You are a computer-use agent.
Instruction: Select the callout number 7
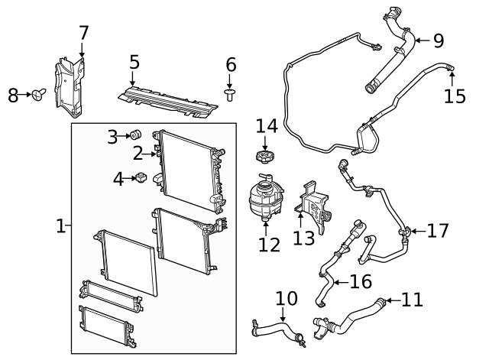click(x=83, y=33)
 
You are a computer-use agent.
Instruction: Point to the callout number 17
click(x=438, y=230)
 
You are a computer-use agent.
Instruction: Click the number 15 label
click(x=455, y=96)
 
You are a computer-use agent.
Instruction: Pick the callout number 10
click(x=286, y=297)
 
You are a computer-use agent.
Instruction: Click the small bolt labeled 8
click(x=36, y=95)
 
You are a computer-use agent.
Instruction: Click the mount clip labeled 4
click(x=141, y=179)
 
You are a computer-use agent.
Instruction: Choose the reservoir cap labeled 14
click(x=264, y=157)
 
